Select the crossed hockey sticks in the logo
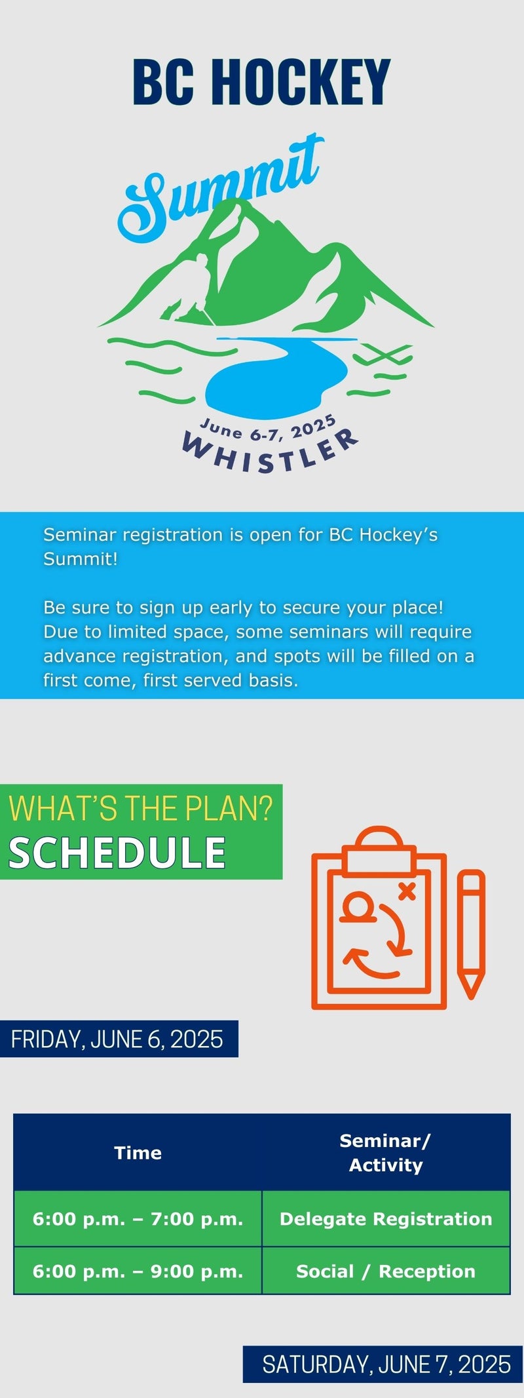[383, 357]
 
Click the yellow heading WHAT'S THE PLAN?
[140, 808]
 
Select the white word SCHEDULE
[117, 853]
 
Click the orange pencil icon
[471, 934]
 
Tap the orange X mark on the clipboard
[407, 890]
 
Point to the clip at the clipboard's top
[379, 851]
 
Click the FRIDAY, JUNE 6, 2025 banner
[119, 1039]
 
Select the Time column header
[138, 1153]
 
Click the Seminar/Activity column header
[386, 1153]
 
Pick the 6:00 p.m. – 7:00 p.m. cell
[138, 1219]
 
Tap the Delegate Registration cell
[386, 1219]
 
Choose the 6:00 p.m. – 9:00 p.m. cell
[138, 1271]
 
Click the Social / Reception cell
[386, 1271]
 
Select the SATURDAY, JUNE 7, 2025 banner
[383, 1365]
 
